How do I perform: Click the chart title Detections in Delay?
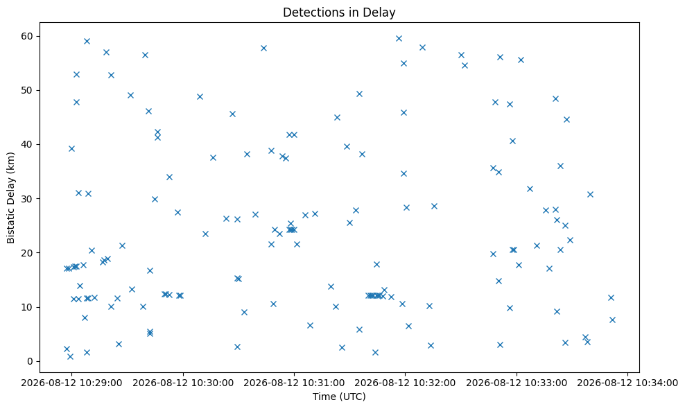coord(339,12)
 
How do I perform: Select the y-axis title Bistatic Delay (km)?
coord(11,198)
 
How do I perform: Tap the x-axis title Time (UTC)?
coord(339,397)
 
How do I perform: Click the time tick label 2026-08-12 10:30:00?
coord(183,383)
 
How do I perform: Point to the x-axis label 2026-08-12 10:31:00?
coord(294,383)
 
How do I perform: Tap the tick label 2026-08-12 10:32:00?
coord(405,383)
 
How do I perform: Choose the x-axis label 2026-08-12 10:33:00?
coord(517,383)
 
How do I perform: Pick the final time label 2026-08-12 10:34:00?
coord(627,383)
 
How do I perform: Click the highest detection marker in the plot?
coord(399,38)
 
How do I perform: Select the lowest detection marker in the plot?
coord(70,356)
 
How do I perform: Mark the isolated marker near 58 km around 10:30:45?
coord(264,48)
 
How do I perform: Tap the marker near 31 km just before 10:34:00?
coord(590,195)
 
